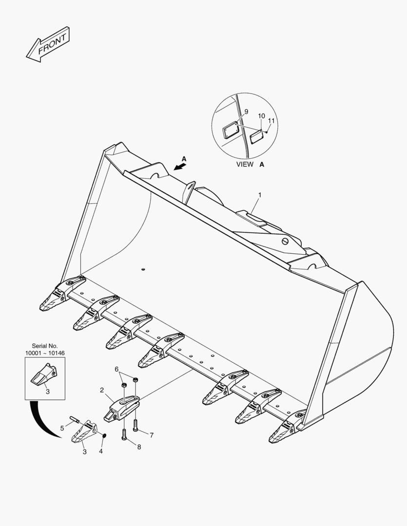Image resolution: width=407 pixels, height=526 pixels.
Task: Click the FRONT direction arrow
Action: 48,44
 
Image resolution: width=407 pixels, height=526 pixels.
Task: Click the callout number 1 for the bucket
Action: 260,195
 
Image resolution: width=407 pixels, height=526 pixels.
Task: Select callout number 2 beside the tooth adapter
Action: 102,390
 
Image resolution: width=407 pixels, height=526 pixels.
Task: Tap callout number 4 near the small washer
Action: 101,451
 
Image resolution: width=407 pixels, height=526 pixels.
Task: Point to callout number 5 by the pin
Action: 62,428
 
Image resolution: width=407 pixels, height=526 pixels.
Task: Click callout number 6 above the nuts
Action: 116,369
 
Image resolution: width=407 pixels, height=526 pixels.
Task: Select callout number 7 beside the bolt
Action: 152,435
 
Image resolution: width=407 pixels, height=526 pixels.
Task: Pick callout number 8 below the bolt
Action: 139,447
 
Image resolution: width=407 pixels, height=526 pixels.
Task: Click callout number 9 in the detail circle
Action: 246,112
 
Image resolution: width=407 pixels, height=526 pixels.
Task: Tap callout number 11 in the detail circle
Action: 271,120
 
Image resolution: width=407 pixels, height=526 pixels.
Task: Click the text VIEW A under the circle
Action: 250,165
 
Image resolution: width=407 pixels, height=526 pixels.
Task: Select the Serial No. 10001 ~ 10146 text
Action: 45,349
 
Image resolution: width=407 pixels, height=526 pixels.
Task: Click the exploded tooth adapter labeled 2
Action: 122,408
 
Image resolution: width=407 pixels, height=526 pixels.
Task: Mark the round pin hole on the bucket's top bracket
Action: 286,240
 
